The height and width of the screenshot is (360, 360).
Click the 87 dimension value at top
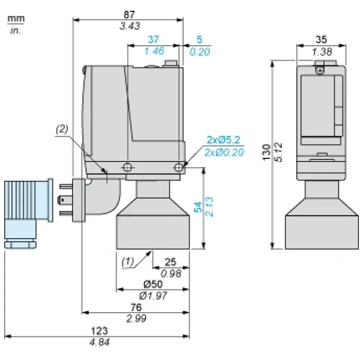pyautogui.click(x=129, y=14)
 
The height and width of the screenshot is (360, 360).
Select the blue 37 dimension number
pyautogui.click(x=153, y=40)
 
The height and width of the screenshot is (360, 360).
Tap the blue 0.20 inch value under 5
pyautogui.click(x=200, y=51)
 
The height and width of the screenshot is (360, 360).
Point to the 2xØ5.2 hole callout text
pyautogui.click(x=223, y=140)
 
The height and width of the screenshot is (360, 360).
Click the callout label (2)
pyautogui.click(x=62, y=129)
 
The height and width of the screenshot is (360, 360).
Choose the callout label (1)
pyautogui.click(x=128, y=261)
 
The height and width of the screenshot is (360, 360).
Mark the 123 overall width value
pyautogui.click(x=99, y=331)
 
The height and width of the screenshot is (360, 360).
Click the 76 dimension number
pyautogui.click(x=136, y=307)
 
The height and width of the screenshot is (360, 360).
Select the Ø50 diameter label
pyautogui.click(x=153, y=284)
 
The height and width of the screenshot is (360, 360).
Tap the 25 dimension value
pyautogui.click(x=170, y=262)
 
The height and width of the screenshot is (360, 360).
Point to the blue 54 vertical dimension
pyautogui.click(x=197, y=207)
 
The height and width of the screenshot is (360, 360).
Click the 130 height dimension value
pyautogui.click(x=266, y=152)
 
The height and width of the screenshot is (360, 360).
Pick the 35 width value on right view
pyautogui.click(x=321, y=40)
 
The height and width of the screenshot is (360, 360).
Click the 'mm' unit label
pyautogui.click(x=16, y=19)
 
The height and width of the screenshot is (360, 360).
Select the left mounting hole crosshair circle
pyautogui.click(x=127, y=167)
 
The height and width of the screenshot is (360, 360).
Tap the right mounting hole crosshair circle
pyautogui.click(x=178, y=167)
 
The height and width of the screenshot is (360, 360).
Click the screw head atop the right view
pyautogui.click(x=320, y=70)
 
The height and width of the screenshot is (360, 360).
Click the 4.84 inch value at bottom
pyautogui.click(x=99, y=342)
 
